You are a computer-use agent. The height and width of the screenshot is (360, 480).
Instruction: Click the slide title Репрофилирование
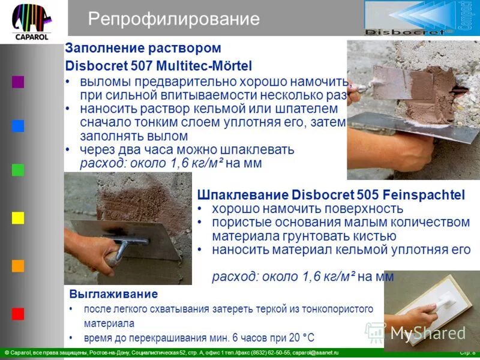(x=173, y=19)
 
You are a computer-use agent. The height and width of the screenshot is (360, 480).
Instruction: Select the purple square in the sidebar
(x=18, y=82)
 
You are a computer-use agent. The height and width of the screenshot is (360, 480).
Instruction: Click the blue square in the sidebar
(x=18, y=126)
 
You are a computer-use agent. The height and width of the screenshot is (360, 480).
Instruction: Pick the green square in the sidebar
(x=18, y=170)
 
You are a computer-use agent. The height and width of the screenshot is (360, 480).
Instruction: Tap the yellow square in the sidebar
(x=18, y=218)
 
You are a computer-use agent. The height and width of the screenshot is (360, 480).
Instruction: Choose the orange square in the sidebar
(x=18, y=266)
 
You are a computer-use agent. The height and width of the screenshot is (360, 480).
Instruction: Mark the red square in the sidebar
(x=18, y=313)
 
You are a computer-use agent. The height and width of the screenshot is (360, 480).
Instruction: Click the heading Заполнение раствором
(x=143, y=48)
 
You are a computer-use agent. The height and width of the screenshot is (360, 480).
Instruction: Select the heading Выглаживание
(x=113, y=294)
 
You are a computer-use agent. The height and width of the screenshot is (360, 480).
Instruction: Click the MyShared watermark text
(x=427, y=332)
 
